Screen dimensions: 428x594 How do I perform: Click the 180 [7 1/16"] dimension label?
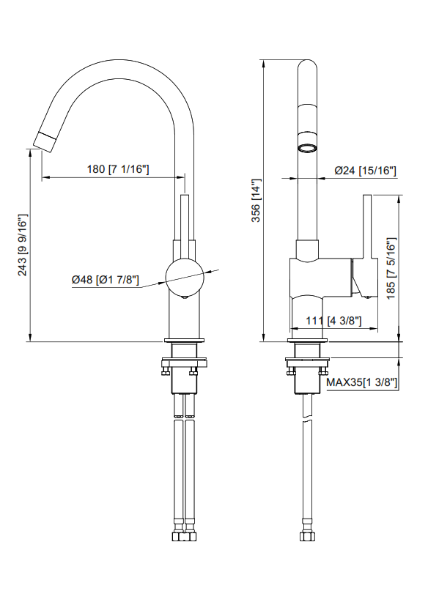coord(118,169)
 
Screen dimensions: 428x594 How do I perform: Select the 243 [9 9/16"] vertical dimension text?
coord(23,245)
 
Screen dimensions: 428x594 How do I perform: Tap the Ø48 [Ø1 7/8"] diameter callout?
coord(106,280)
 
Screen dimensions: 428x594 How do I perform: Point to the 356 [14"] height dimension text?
coord(257,201)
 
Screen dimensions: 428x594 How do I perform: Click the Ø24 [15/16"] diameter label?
coord(365,171)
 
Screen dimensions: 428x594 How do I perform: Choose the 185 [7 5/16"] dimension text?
coord(391,268)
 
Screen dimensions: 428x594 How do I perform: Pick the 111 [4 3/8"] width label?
coord(333,321)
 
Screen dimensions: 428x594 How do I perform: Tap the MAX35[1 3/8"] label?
coord(361,382)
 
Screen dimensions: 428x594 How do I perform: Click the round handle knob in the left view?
coord(185,277)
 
